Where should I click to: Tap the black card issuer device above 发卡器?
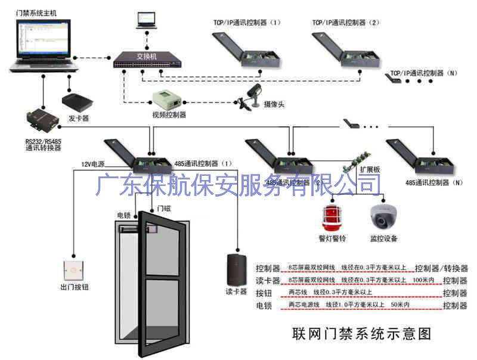tap(75, 101)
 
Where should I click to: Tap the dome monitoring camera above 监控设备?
tap(382, 217)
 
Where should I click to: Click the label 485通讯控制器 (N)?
tap(433, 182)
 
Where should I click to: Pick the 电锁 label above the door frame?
tap(124, 215)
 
